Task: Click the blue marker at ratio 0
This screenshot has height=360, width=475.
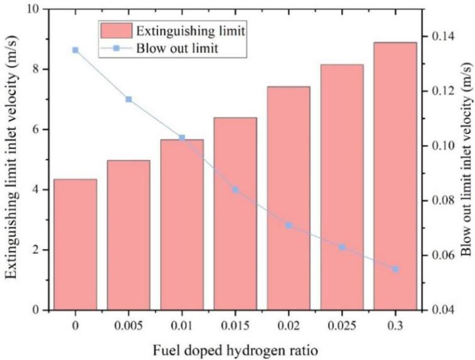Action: pyautogui.click(x=75, y=50)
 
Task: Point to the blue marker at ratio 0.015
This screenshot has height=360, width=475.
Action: pyautogui.click(x=235, y=190)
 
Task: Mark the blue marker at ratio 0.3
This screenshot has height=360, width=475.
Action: pyautogui.click(x=395, y=269)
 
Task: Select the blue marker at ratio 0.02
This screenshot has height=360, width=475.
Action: pyautogui.click(x=289, y=225)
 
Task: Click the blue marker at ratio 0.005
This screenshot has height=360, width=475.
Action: pyautogui.click(x=129, y=99)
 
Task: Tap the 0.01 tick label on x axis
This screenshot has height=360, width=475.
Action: pyautogui.click(x=182, y=325)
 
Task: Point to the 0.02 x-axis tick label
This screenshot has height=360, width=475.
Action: pyautogui.click(x=289, y=325)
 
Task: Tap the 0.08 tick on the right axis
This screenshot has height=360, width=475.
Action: pyautogui.click(x=440, y=201)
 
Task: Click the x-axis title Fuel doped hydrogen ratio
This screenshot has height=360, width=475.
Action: pyautogui.click(x=235, y=350)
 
